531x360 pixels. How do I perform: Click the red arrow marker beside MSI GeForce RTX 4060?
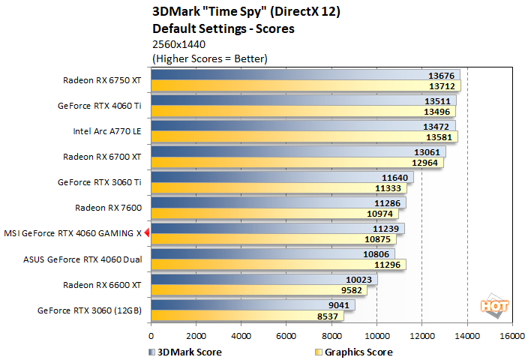[x=147, y=233]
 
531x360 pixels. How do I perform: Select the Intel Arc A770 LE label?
[x=106, y=130]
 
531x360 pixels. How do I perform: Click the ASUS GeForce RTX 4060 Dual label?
[x=82, y=259]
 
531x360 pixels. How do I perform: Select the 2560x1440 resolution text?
[x=178, y=44]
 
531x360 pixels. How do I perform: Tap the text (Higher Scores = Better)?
[x=209, y=58]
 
